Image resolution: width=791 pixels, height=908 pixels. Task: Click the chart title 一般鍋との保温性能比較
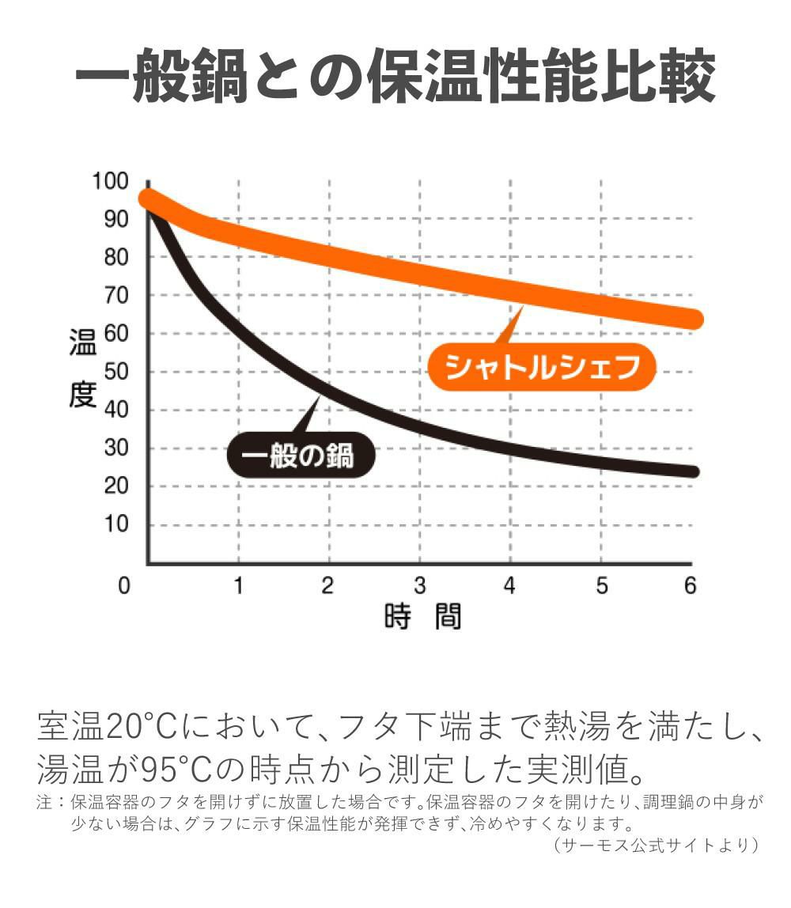pos(395,78)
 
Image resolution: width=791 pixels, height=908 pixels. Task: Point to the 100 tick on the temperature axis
pos(110,181)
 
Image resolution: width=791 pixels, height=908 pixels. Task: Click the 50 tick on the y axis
pos(115,372)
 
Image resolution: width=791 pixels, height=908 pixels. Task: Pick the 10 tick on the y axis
pos(115,524)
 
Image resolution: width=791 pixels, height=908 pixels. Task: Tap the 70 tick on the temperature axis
pos(115,296)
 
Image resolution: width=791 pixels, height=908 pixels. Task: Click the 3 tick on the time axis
pos(419,586)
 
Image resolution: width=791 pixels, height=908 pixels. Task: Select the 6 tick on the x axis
pos(689,586)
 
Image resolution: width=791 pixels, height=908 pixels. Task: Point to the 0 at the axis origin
pos(123,586)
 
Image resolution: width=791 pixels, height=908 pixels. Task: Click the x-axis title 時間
pos(422,617)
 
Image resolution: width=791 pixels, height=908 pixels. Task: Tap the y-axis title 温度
pos(82,368)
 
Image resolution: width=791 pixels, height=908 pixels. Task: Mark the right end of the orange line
pos(694,320)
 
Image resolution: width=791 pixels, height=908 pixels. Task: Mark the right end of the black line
pos(694,471)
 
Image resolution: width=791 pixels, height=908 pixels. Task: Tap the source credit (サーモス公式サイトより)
pos(656,845)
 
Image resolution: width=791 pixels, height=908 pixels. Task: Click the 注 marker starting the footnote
pos(44,802)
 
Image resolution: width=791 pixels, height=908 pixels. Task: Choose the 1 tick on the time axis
pos(238,586)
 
